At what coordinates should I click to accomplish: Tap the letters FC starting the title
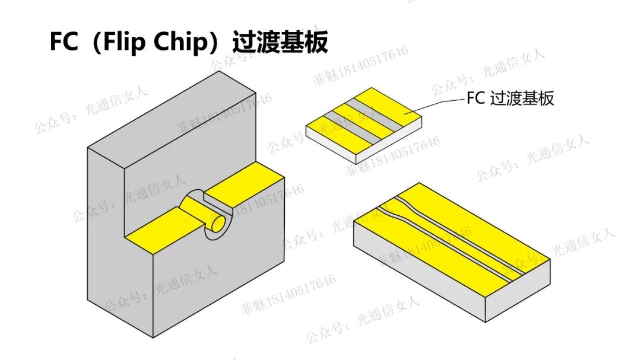[x=63, y=43]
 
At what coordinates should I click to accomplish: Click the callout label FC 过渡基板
[x=510, y=98]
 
